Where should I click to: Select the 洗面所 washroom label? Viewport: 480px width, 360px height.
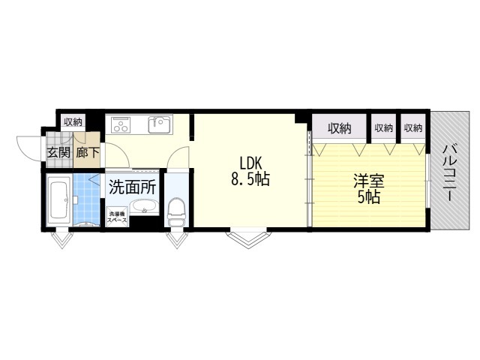click(x=131, y=185)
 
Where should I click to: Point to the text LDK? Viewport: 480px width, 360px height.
click(x=250, y=163)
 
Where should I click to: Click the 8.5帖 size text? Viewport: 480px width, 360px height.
click(x=250, y=180)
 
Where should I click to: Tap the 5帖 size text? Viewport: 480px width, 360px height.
click(x=367, y=197)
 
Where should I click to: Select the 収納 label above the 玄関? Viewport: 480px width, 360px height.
click(x=73, y=122)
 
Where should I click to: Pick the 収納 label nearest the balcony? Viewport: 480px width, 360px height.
click(x=413, y=128)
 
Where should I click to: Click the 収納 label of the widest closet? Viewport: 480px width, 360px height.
click(x=339, y=128)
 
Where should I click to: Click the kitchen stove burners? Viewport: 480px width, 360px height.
click(x=121, y=125)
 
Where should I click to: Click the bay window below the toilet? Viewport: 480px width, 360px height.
click(x=177, y=239)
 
